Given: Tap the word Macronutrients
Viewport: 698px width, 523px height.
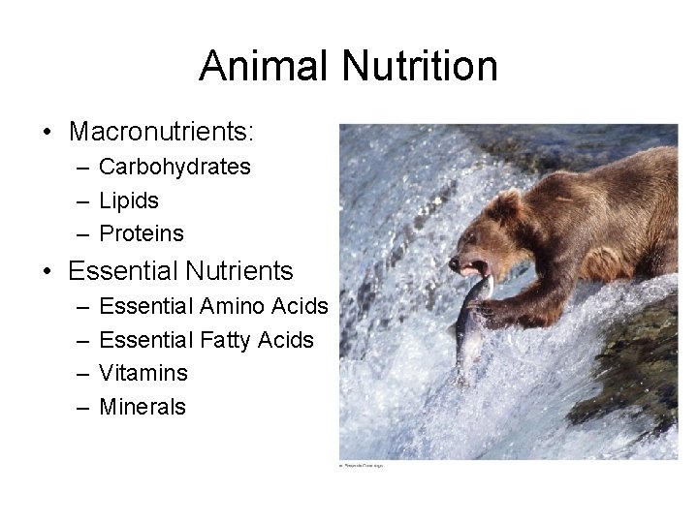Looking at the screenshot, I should (161, 130).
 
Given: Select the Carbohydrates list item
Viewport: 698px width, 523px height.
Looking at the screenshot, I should (174, 167).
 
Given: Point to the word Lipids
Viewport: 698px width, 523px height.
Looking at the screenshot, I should (129, 200).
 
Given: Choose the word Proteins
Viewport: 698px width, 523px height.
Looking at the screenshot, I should (142, 233).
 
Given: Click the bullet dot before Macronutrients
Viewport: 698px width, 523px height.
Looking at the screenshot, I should (48, 131).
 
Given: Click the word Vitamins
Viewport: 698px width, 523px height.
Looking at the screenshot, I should (143, 373).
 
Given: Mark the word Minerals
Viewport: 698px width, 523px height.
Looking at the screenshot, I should (143, 407).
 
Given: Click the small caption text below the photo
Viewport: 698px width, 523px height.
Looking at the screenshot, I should (362, 466).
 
